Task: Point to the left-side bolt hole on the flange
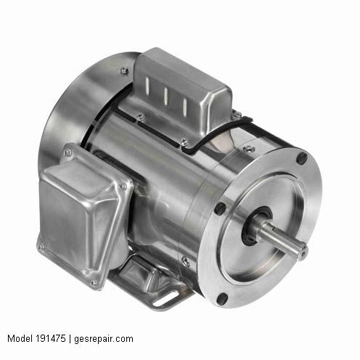click(x=218, y=208)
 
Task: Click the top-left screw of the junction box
click(x=67, y=153)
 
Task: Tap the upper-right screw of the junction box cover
click(x=123, y=187)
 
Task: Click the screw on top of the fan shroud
click(x=124, y=70)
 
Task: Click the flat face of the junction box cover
click(x=80, y=221)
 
